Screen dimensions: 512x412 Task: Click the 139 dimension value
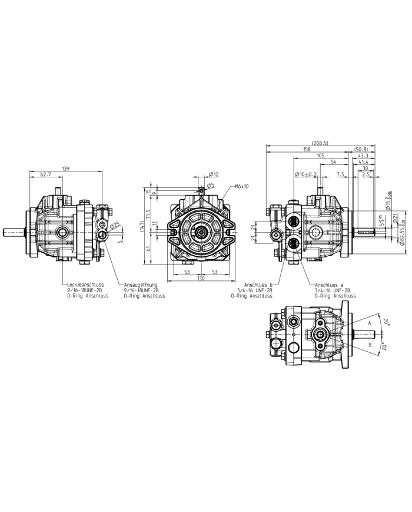65,169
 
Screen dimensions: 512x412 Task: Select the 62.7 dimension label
45,175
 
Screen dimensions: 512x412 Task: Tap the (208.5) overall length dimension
320,143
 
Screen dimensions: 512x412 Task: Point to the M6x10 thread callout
242,186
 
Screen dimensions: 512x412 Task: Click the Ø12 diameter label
214,174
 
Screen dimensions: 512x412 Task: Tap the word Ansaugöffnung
141,285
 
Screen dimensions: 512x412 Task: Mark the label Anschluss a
330,285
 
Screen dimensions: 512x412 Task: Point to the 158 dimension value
306,150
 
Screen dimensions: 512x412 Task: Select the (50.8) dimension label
361,150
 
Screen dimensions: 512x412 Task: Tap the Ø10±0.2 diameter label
305,175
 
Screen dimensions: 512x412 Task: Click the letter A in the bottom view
370,323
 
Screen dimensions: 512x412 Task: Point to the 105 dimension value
320,156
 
